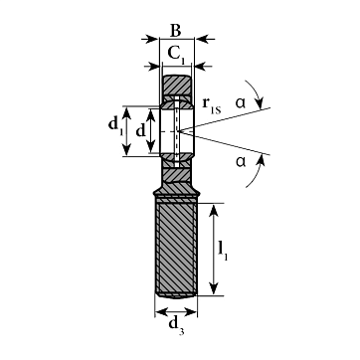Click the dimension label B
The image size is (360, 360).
(x=176, y=31)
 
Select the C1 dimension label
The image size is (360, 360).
(x=176, y=55)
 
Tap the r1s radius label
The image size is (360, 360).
(x=212, y=105)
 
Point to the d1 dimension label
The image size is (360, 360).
(x=115, y=125)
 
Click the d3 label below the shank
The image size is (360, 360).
(x=176, y=326)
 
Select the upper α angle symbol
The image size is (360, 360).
(x=241, y=103)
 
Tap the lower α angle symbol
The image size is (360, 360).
(x=241, y=162)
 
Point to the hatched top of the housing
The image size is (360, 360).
(x=177, y=86)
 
